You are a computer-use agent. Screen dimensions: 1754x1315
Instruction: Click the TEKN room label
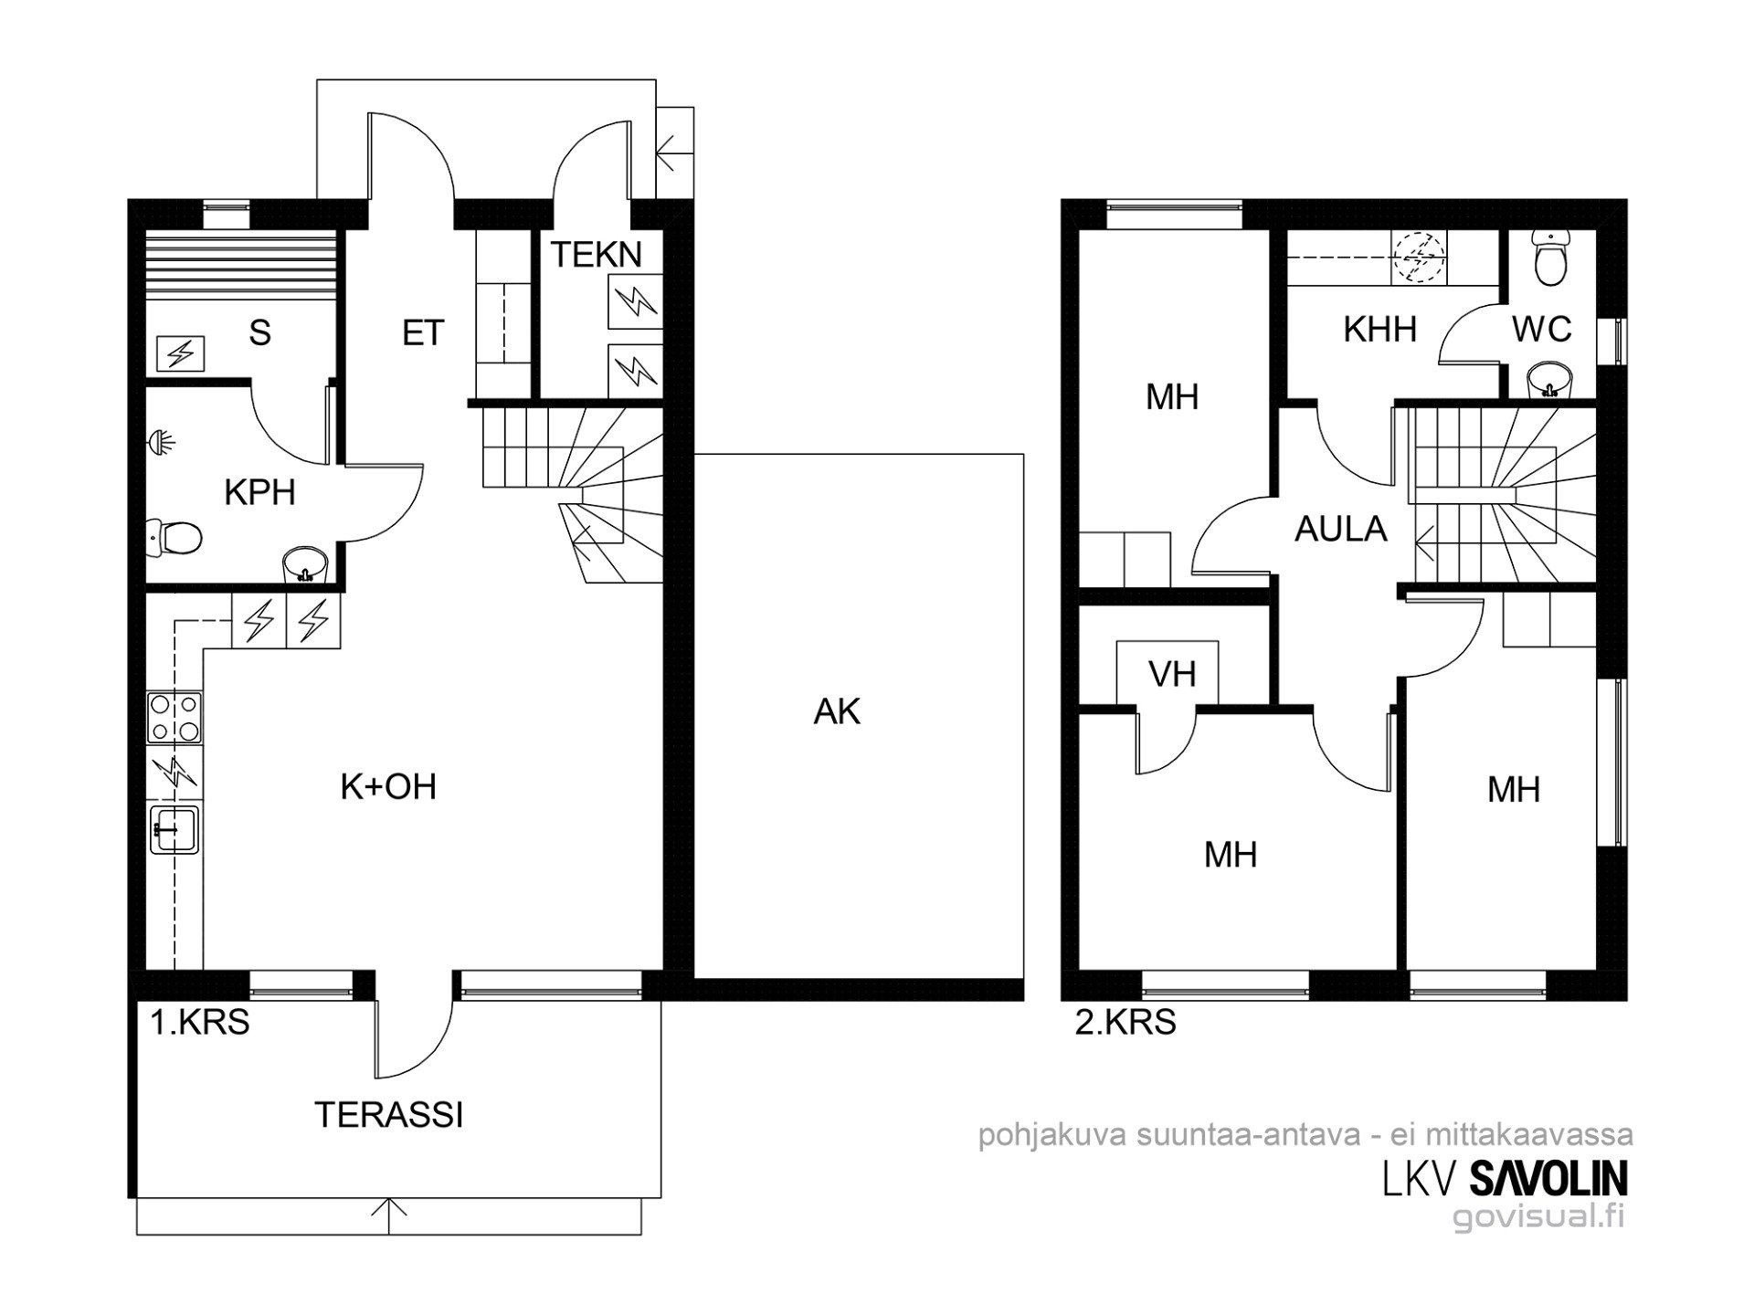pos(596,254)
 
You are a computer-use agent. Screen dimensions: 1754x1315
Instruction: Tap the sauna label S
pos(259,332)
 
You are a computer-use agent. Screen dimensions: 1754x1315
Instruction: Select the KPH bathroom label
pos(259,492)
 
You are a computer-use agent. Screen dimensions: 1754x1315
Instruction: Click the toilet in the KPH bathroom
pos(174,537)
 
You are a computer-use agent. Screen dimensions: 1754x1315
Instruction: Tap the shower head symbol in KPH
pos(162,444)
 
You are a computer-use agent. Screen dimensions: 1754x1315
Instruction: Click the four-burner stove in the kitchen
pos(174,718)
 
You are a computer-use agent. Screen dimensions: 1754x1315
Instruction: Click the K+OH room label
pos(388,786)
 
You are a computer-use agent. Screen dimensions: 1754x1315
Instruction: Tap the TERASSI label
pos(389,1115)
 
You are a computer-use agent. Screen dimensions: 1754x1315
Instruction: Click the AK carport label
pos(837,711)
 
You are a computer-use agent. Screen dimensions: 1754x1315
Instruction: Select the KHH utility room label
pos(1379,329)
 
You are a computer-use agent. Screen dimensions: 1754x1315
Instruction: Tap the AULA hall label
pos(1340,529)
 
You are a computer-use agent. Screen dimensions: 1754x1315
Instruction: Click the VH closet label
pos(1172,674)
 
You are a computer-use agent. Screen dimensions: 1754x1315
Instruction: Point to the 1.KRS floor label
pos(200,1022)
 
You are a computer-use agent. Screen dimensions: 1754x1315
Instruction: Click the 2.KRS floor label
pos(1125,1022)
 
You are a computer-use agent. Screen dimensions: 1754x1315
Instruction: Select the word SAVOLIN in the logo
pos(1548,1178)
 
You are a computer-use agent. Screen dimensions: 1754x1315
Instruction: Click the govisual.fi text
pos(1538,1216)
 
